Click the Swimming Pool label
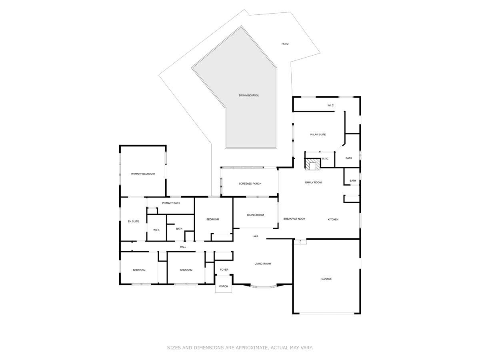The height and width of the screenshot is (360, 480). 249,95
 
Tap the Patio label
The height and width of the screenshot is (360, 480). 285,44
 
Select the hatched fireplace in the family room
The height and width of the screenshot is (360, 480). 313,164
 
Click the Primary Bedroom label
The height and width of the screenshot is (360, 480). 142,174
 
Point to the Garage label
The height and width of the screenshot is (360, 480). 326,279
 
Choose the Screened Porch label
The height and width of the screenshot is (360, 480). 250,184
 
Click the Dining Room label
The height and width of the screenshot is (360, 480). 255,215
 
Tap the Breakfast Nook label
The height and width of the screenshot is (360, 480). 294,219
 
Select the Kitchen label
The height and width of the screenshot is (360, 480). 333,219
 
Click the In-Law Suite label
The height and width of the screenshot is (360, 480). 318,134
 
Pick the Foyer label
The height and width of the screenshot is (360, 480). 224,270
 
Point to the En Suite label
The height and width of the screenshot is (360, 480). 133,221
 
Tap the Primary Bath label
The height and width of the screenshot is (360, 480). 171,203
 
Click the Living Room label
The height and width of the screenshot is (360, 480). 263,264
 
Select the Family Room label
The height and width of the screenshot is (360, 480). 313,182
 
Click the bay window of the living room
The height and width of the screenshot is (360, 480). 263,286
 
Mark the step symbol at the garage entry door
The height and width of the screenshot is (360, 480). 300,242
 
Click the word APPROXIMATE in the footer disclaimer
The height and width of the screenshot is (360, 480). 248,348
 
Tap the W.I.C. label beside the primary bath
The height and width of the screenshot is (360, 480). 156,230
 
